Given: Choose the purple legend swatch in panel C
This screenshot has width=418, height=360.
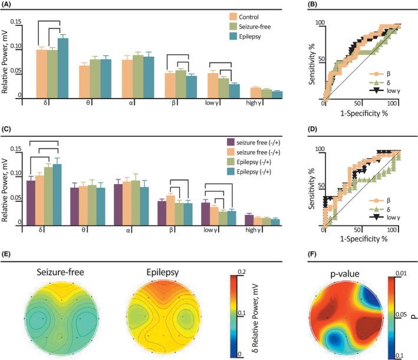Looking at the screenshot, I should pos(231,142).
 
